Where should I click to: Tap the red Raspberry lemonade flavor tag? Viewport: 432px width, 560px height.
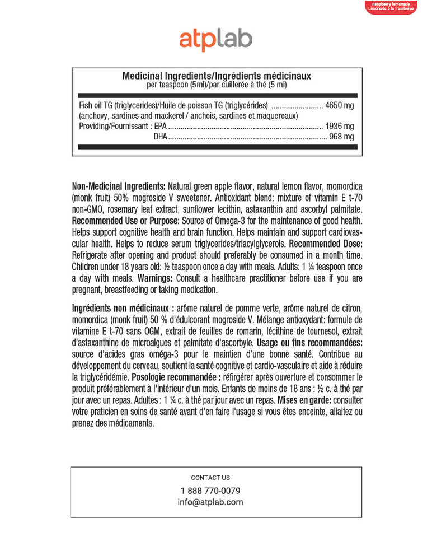pos(391,7)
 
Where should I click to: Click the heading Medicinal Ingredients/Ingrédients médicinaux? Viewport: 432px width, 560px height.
pos(217,76)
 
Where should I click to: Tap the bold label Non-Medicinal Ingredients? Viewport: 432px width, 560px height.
pos(119,186)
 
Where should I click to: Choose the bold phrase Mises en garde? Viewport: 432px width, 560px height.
pos(303,401)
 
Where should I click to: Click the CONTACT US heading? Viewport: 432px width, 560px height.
pos(210,478)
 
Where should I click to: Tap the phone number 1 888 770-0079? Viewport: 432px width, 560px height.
pos(210,491)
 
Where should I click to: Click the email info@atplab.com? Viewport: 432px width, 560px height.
pos(210,502)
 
